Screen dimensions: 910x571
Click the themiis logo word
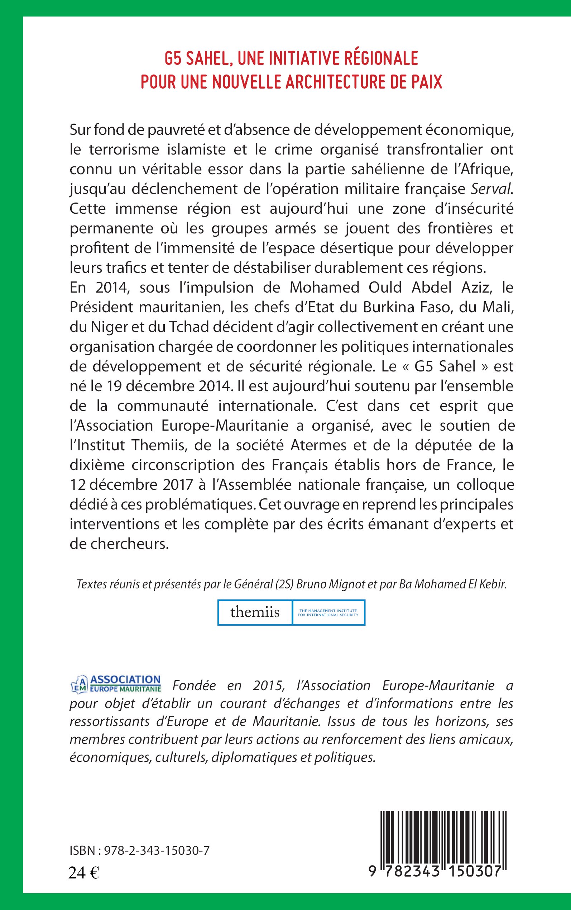point(255,612)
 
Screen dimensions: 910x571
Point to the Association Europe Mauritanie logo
point(116,684)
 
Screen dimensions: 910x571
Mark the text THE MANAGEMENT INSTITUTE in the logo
point(328,610)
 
